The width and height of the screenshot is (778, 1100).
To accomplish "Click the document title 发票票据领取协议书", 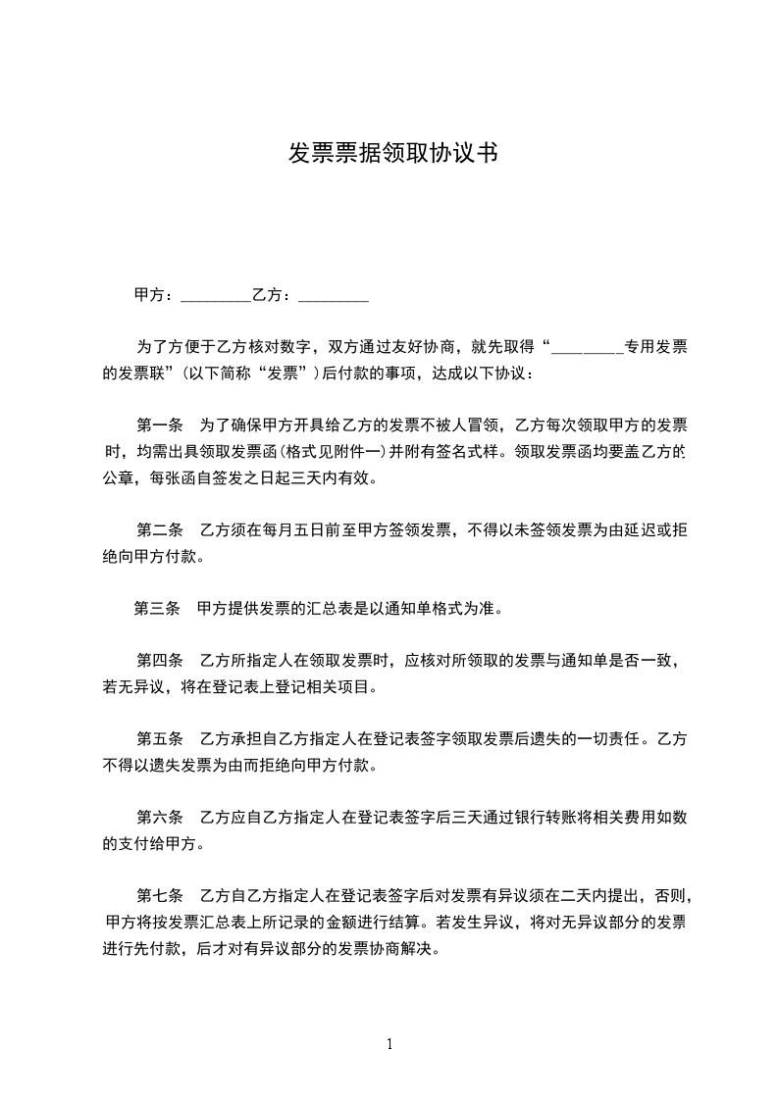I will (x=389, y=154).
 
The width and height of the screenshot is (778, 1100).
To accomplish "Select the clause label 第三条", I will (x=157, y=609).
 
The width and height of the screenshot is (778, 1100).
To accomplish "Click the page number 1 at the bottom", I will (x=389, y=1044).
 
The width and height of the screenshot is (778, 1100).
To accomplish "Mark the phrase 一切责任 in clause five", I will (x=604, y=738).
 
